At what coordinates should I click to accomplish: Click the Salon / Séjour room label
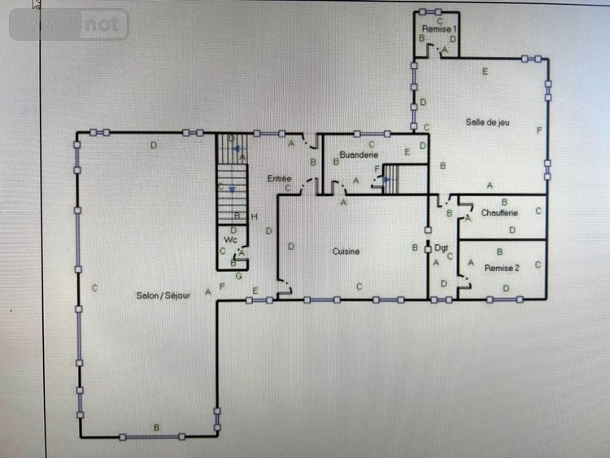pyautogui.click(x=163, y=295)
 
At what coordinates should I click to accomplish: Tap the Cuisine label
pyautogui.click(x=346, y=251)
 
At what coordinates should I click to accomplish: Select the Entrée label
pyautogui.click(x=279, y=177)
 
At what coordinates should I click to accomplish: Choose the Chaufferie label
pyautogui.click(x=499, y=213)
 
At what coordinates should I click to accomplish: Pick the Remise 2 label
pyautogui.click(x=501, y=268)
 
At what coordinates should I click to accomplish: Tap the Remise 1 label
pyautogui.click(x=439, y=28)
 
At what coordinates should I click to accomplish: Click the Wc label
pyautogui.click(x=230, y=240)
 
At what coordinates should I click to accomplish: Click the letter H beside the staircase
pyautogui.click(x=255, y=216)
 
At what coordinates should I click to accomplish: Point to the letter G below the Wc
pyautogui.click(x=238, y=276)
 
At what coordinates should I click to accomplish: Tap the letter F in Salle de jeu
pyautogui.click(x=538, y=130)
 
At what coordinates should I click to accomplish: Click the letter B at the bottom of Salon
pyautogui.click(x=157, y=427)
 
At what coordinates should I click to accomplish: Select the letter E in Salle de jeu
pyautogui.click(x=485, y=72)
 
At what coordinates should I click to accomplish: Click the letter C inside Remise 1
pyautogui.click(x=439, y=20)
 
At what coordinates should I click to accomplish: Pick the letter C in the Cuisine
pyautogui.click(x=359, y=286)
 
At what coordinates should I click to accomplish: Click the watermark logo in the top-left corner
pyautogui.click(x=69, y=24)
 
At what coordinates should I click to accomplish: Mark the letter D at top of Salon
pyautogui.click(x=153, y=145)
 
